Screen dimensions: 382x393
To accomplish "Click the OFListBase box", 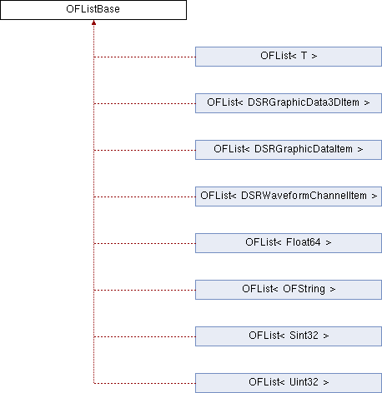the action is click(x=93, y=10).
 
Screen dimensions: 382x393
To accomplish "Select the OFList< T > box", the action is click(x=289, y=57).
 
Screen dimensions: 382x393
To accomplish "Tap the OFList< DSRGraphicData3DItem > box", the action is click(x=289, y=103).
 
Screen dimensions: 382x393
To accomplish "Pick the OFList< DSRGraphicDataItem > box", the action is click(x=289, y=150).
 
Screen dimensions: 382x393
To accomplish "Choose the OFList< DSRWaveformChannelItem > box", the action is click(x=289, y=196).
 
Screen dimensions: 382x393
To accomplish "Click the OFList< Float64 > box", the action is click(x=289, y=243).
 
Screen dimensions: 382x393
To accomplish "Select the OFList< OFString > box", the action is click(x=289, y=290).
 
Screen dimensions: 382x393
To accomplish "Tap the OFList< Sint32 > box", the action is click(x=289, y=336).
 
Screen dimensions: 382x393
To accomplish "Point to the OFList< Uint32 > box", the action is click(x=289, y=383).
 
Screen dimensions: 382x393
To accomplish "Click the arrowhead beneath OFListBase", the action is click(x=94, y=22).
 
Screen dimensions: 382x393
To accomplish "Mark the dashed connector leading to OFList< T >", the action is click(x=144, y=57).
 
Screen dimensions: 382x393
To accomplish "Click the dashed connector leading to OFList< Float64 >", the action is click(x=144, y=244).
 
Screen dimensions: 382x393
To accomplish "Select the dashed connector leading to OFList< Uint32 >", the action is click(x=144, y=384).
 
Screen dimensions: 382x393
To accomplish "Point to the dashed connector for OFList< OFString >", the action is click(x=144, y=291).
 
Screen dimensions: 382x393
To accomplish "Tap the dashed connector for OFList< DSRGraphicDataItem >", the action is click(x=144, y=151).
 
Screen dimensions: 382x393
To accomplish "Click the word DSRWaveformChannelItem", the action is click(x=304, y=196).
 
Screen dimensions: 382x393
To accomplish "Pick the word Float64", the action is click(x=304, y=242).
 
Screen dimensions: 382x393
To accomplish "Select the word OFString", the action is click(x=304, y=289).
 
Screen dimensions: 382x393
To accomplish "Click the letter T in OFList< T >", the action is click(x=304, y=56).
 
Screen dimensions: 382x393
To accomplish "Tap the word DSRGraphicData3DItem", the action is click(x=304, y=102).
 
